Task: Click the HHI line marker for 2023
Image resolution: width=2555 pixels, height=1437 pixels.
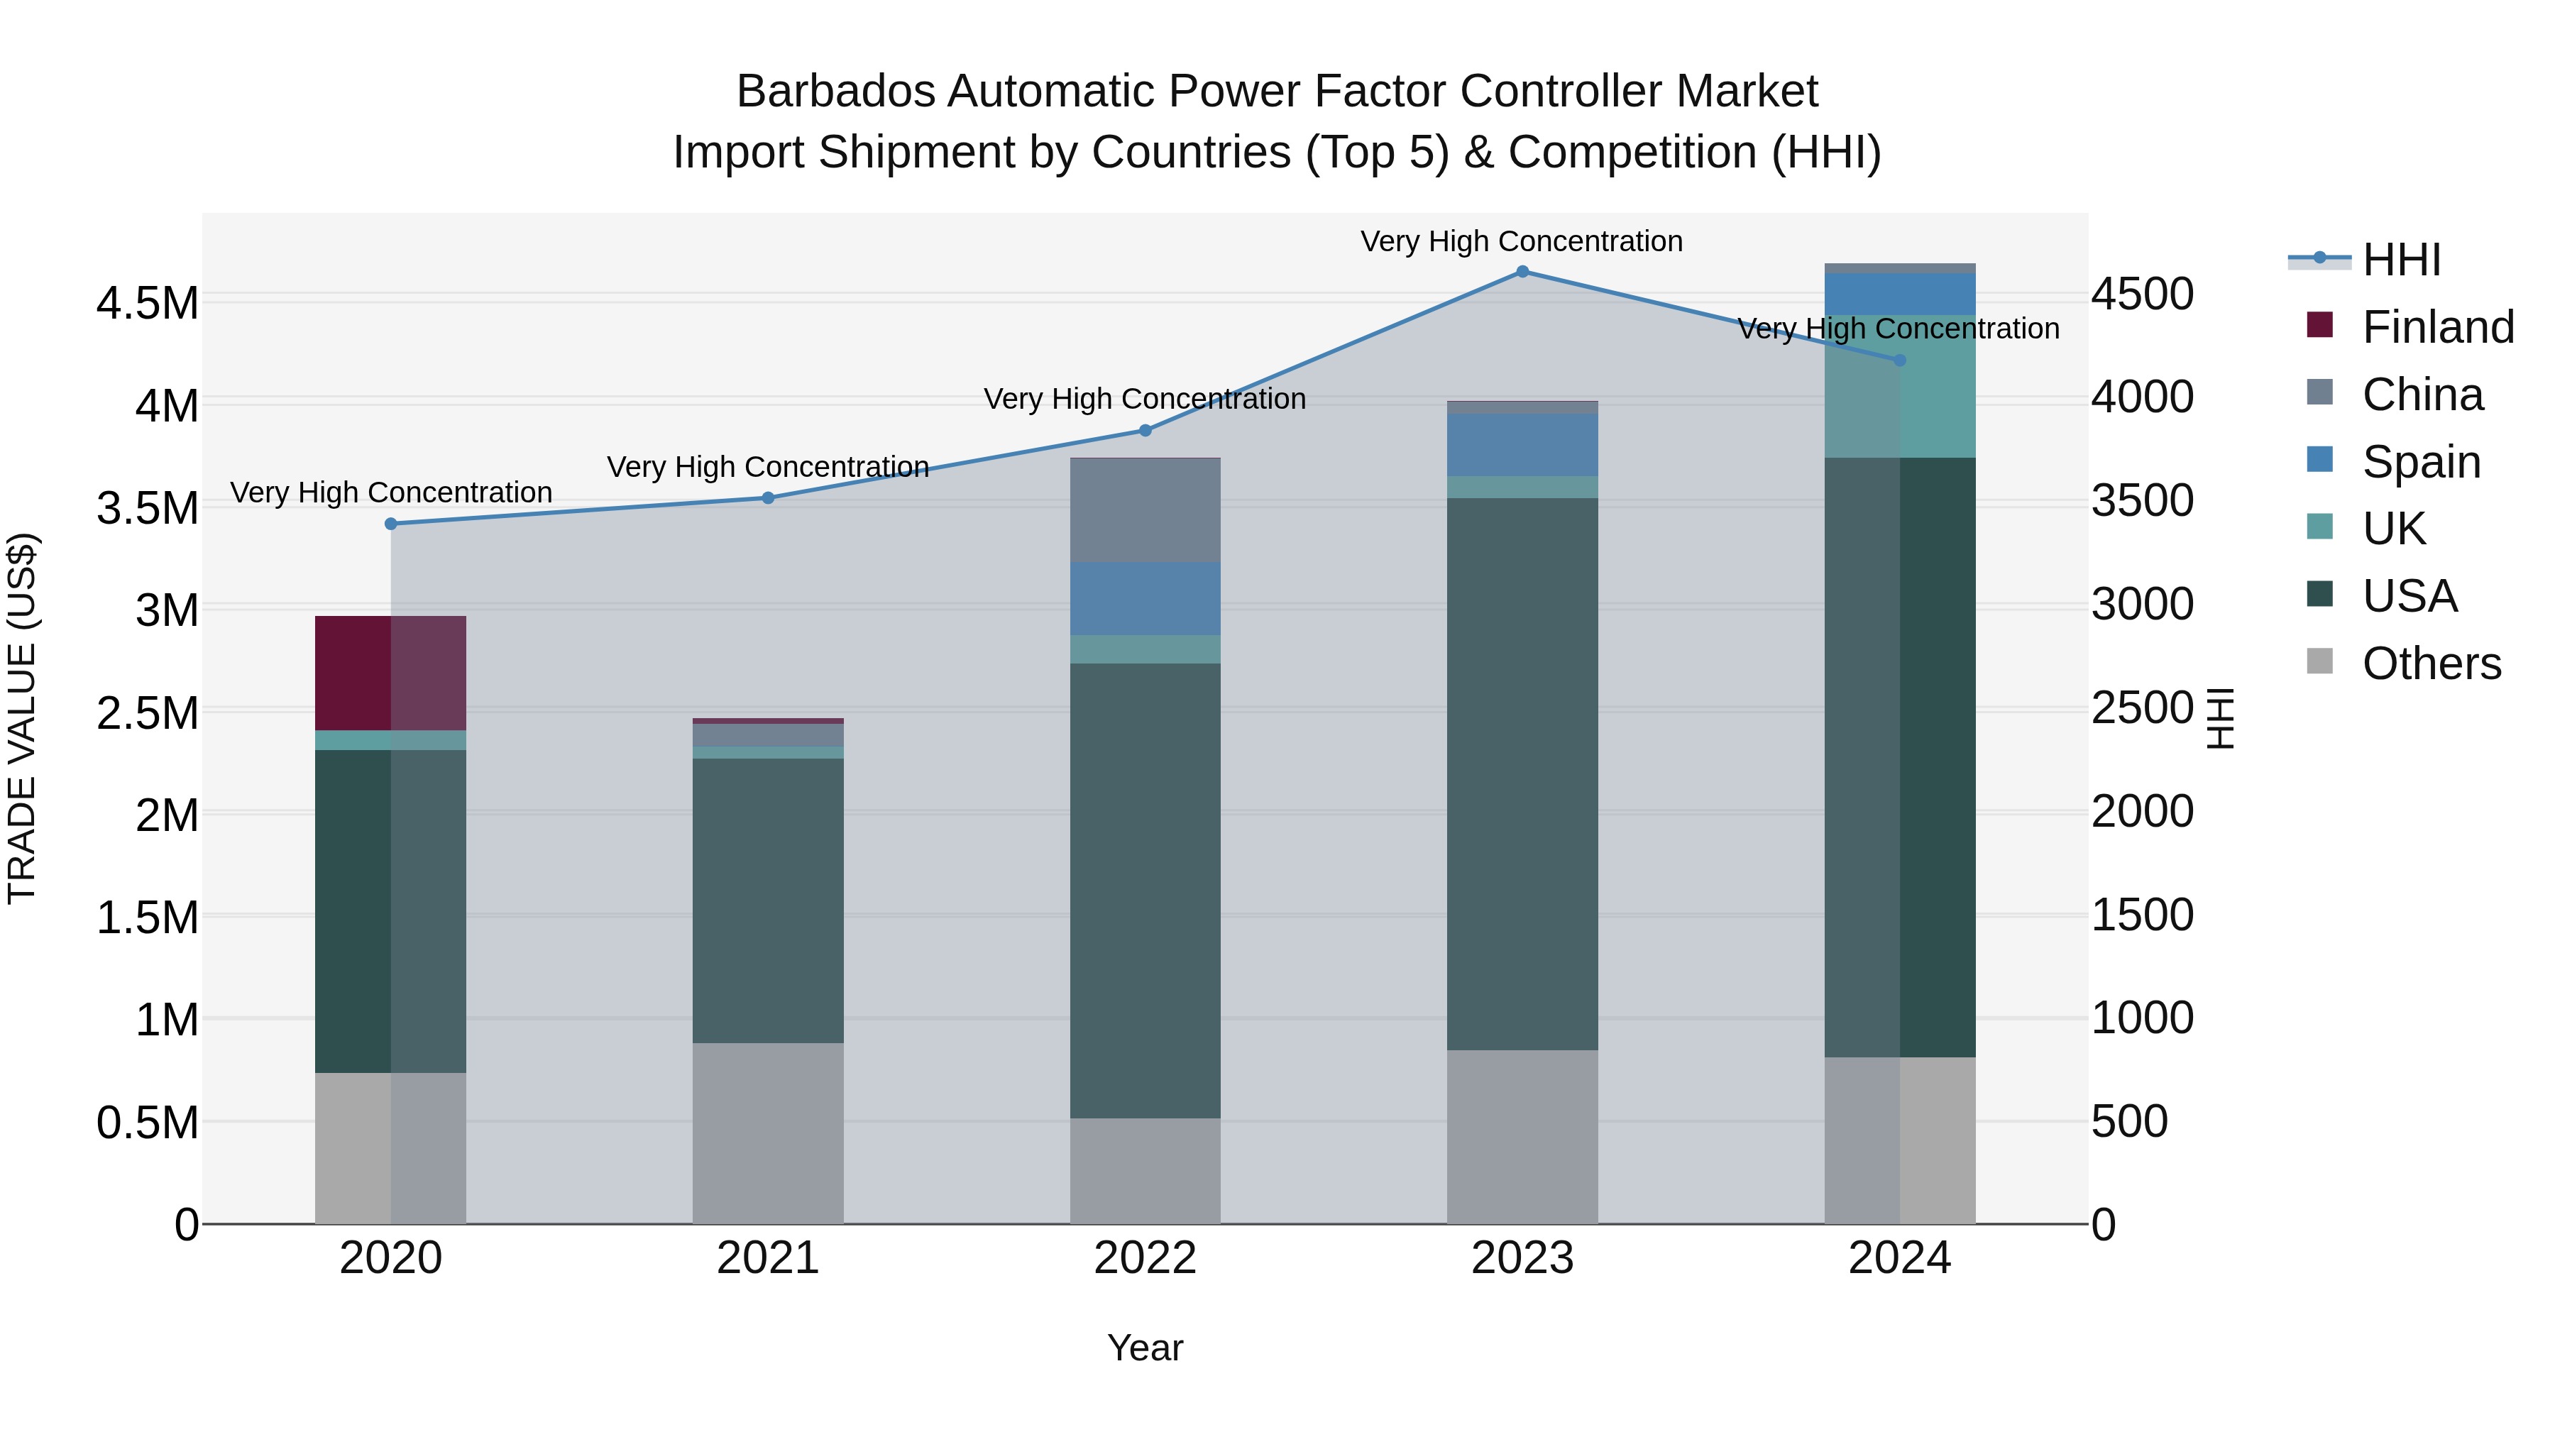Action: click(x=1522, y=272)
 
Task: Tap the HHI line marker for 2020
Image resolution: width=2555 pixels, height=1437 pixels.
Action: click(x=391, y=524)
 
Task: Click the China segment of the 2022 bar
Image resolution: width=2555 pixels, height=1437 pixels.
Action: click(x=1145, y=511)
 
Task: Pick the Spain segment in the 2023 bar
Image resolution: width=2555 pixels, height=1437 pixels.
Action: click(x=1522, y=445)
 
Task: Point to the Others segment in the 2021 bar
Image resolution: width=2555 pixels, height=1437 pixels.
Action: click(x=768, y=1133)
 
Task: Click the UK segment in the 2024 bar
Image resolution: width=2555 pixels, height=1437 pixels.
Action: click(x=1899, y=387)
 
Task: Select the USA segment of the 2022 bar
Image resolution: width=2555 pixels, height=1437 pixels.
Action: click(x=1145, y=891)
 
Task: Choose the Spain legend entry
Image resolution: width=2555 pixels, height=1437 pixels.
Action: click(x=2420, y=462)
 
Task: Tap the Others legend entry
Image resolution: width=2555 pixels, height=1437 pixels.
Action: click(x=2430, y=664)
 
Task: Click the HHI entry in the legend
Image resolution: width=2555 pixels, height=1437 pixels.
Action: click(x=2400, y=260)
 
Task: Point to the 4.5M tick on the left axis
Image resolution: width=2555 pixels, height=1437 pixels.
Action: click(x=148, y=304)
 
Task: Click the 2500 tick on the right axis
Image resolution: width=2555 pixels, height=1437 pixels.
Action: click(x=2143, y=708)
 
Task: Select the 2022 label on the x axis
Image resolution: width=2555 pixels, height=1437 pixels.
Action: click(x=1145, y=1258)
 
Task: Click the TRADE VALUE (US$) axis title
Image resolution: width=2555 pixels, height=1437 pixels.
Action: click(x=23, y=718)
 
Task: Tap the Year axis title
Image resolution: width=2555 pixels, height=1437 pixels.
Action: click(x=1145, y=1348)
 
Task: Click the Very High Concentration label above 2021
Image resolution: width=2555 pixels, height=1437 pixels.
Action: click(x=768, y=466)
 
